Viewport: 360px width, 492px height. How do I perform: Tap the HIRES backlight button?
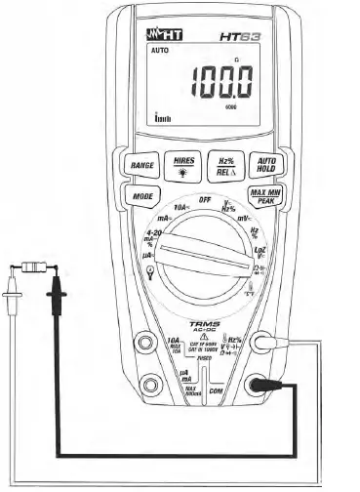182,163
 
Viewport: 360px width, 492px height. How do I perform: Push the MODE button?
142,196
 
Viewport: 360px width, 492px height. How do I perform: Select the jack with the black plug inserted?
261,385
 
